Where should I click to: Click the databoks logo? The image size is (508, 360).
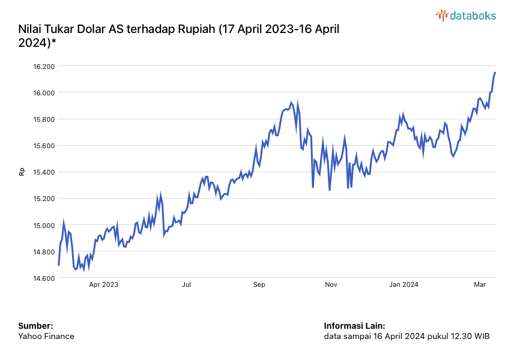point(466,16)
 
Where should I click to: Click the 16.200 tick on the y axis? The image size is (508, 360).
point(44,67)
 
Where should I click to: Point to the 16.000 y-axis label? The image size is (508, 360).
point(44,93)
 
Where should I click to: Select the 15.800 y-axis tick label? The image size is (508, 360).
point(44,119)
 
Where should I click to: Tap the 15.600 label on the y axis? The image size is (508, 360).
point(44,146)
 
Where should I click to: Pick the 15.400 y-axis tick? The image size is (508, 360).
point(44,172)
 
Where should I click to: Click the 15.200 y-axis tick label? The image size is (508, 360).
point(44,199)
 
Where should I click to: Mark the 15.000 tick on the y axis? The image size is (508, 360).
point(44,226)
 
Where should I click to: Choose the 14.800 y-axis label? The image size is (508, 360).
point(44,252)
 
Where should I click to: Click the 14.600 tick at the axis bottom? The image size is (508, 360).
point(44,278)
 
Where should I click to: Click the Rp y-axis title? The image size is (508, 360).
point(22,172)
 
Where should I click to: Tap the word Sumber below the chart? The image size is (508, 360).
point(35,326)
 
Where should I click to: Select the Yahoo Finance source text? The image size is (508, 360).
point(46,337)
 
